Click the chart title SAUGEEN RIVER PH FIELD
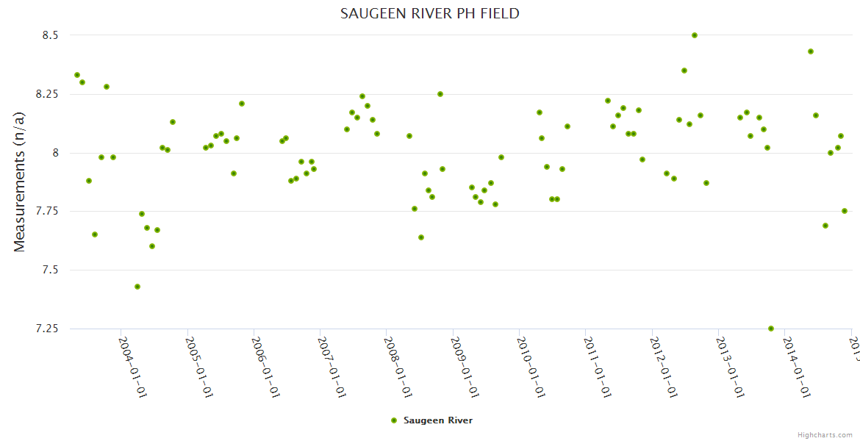pos(430,13)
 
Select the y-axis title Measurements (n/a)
pos(20,182)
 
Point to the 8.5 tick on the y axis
pos(49,35)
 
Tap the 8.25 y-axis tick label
pos(45,94)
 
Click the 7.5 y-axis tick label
pos(49,270)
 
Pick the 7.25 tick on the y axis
pos(45,329)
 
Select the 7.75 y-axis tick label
pos(45,212)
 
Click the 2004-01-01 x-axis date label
pos(133,367)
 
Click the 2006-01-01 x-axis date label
pos(266,367)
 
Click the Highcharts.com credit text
pos(825,434)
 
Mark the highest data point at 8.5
pos(695,35)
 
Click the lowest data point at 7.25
pos(771,329)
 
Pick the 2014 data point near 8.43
pos(811,51)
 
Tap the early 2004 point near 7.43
pos(137,287)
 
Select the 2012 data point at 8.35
pos(684,71)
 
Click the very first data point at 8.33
pos(77,75)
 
